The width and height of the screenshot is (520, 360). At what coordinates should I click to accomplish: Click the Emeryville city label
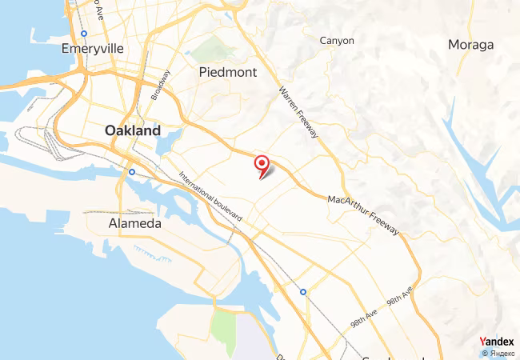(93, 48)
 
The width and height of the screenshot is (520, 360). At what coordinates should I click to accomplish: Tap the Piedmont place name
(228, 72)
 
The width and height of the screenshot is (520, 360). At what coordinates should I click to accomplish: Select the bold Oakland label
(133, 130)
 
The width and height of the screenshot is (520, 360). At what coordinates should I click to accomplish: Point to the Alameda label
(134, 224)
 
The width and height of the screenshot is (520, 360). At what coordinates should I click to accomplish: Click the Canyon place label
(337, 40)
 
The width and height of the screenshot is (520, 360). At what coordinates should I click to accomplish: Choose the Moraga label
(471, 44)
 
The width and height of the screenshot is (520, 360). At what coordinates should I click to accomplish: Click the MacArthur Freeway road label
(363, 216)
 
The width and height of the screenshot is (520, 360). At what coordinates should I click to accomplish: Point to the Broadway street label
(160, 86)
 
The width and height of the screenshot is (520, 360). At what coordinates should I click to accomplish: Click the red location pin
(262, 164)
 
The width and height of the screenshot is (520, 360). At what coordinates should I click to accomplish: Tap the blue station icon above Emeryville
(84, 33)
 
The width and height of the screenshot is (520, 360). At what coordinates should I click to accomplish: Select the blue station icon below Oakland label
(132, 171)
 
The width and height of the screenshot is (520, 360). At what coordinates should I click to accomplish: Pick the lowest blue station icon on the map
(302, 292)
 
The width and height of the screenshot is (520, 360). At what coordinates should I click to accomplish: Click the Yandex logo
(497, 342)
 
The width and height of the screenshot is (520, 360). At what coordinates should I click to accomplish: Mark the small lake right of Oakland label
(170, 146)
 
